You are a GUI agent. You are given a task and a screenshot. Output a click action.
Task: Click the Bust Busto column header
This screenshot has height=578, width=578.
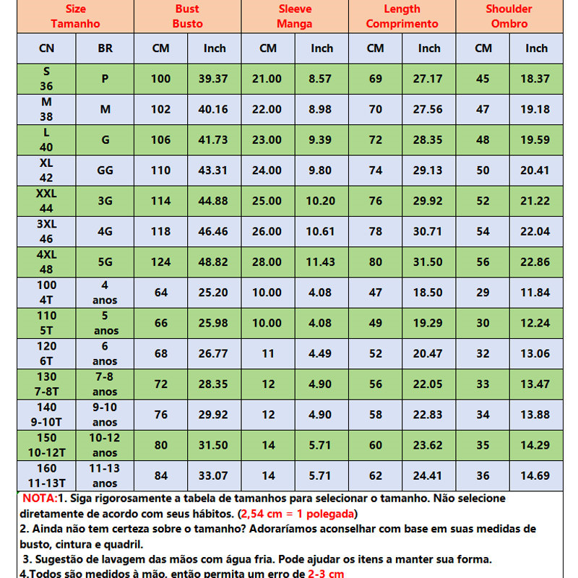187,16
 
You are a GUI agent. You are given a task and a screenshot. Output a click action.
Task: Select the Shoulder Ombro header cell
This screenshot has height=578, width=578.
509,16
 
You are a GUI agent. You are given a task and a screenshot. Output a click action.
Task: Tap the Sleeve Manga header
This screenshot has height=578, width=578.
295,16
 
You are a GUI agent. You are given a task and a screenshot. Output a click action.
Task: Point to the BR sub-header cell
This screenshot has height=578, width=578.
105,48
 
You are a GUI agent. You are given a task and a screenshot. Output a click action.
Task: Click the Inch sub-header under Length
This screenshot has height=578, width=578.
429,48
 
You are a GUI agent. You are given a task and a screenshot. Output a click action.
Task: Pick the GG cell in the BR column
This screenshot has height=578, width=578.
105,171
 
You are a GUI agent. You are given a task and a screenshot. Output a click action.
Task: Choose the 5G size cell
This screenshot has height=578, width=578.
105,262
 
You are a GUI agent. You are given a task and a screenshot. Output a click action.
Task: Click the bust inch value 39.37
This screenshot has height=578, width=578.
215,79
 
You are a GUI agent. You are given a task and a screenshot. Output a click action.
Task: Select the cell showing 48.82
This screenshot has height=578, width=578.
215,262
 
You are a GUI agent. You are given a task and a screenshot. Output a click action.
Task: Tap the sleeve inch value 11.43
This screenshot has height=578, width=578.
322,262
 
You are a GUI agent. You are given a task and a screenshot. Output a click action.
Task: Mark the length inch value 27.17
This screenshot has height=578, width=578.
429,79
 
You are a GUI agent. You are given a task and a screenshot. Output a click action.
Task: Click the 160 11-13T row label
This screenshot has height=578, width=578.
46,475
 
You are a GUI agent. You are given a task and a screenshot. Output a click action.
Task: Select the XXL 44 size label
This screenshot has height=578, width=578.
46,201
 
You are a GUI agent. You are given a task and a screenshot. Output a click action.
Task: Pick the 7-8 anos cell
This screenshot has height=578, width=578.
105,384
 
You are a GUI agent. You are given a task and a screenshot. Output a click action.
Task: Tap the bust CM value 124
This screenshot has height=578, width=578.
160,262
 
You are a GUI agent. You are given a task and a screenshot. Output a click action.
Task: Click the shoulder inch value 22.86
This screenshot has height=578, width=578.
536,262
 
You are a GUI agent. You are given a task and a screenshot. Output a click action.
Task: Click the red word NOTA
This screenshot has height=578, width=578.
40,499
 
